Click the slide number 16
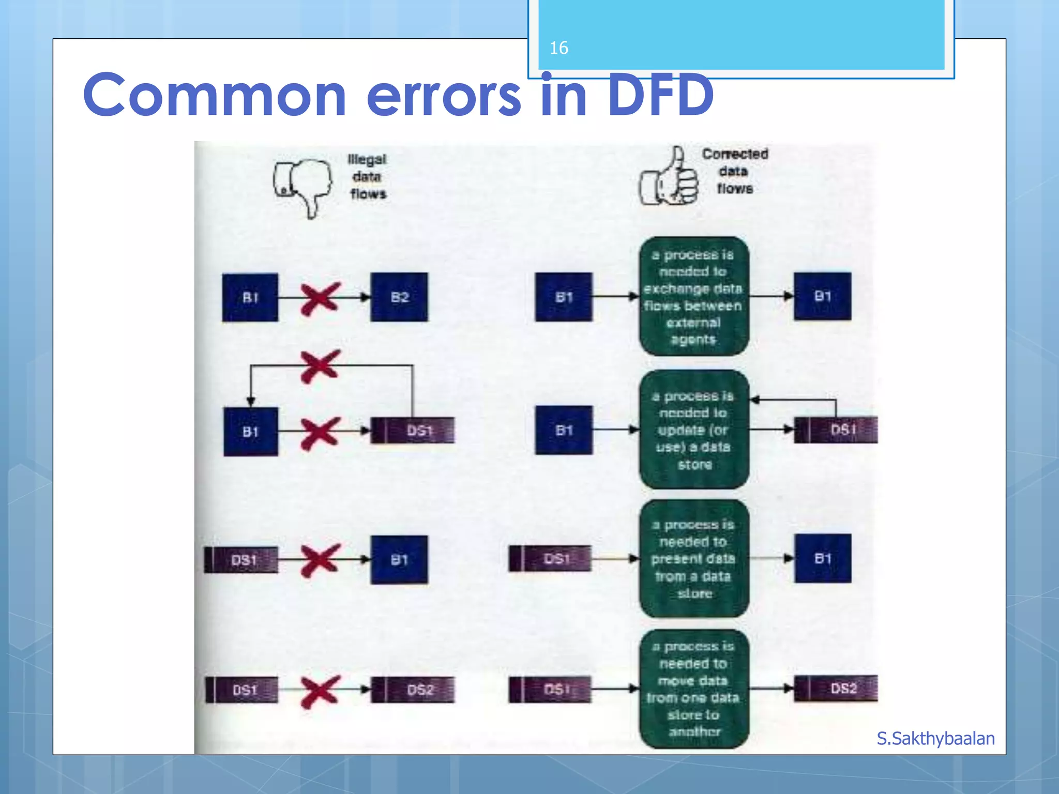[559, 48]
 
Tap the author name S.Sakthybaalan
[935, 739]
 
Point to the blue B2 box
[399, 297]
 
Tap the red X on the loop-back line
[321, 366]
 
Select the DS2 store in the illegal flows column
[413, 690]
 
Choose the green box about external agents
[694, 297]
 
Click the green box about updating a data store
[694, 430]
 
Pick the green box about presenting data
[694, 559]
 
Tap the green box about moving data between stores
[694, 689]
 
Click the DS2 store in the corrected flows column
[836, 689]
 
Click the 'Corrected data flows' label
[735, 171]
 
